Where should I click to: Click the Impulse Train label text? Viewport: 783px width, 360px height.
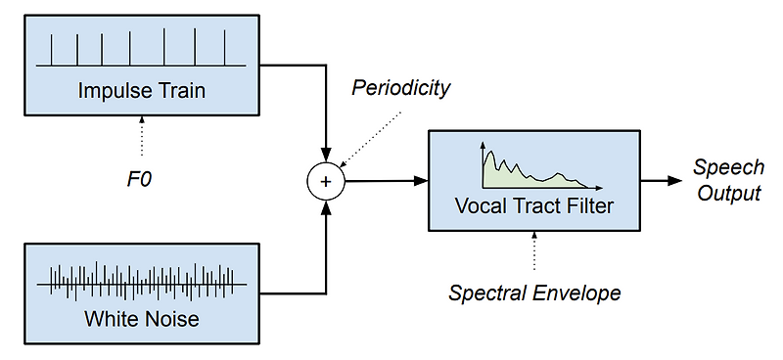142,92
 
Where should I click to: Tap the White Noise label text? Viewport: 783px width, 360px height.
142,318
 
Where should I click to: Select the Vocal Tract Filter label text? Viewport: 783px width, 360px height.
533,206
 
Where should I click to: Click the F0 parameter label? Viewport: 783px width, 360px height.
142,179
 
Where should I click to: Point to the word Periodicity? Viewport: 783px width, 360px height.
400,88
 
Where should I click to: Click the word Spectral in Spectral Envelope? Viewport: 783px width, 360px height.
492,292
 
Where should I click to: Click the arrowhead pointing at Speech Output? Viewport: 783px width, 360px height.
674,181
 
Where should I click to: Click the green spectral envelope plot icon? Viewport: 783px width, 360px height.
533,167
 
